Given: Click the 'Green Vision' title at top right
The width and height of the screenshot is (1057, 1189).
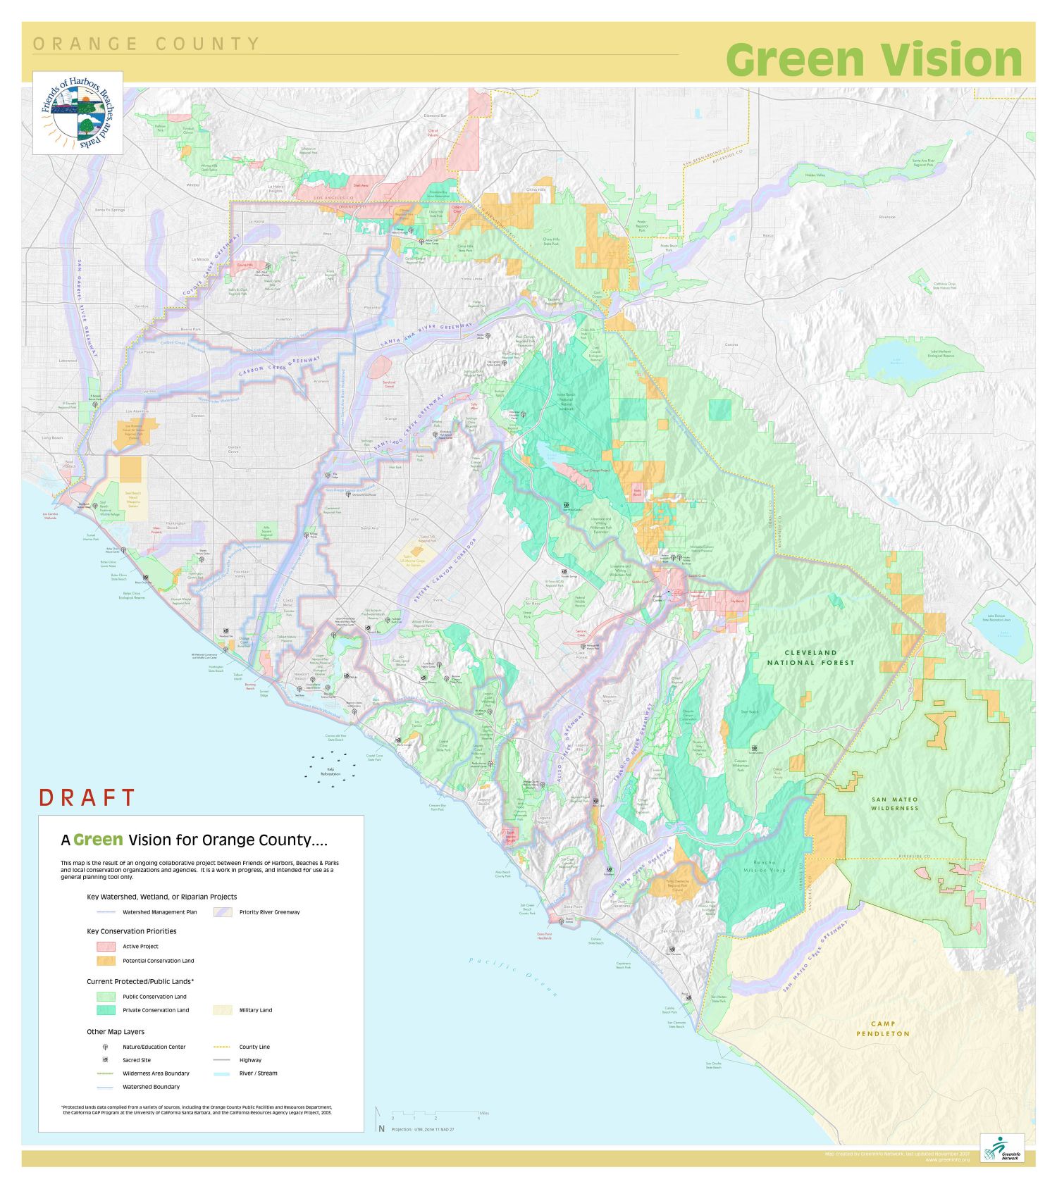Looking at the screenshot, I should click(873, 60).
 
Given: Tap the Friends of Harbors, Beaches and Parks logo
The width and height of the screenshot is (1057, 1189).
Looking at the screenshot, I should click(78, 113).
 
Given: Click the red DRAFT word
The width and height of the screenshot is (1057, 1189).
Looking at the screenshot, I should click(87, 797).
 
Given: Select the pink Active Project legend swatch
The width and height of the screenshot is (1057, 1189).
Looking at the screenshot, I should click(106, 946).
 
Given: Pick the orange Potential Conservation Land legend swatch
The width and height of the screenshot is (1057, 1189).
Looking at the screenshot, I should click(106, 960).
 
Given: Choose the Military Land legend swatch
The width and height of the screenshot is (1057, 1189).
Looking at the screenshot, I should click(222, 1009).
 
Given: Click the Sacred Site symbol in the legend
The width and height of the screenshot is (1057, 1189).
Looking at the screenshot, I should click(106, 1059).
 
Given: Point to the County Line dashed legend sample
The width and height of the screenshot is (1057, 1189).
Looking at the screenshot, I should click(222, 1047).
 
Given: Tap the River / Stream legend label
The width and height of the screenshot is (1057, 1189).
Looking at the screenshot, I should click(258, 1073).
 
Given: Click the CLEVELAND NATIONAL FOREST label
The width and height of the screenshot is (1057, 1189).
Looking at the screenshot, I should click(810, 657).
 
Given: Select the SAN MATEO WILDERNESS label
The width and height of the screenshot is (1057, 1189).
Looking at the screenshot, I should click(895, 804).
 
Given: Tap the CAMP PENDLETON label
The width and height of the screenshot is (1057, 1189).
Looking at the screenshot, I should click(883, 1028).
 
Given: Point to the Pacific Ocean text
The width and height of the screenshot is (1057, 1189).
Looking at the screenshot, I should click(514, 976).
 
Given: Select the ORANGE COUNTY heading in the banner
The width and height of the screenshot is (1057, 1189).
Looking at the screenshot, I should click(146, 44).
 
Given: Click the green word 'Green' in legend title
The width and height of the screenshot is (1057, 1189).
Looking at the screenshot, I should click(98, 840).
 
